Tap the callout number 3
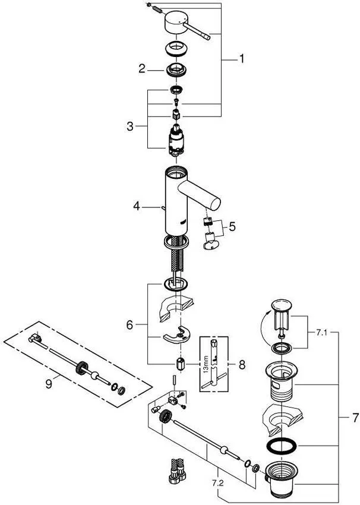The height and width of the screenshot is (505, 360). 130,126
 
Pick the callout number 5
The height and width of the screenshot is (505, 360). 232,226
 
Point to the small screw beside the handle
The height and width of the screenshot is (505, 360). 153,9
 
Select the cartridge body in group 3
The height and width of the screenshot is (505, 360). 176,141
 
